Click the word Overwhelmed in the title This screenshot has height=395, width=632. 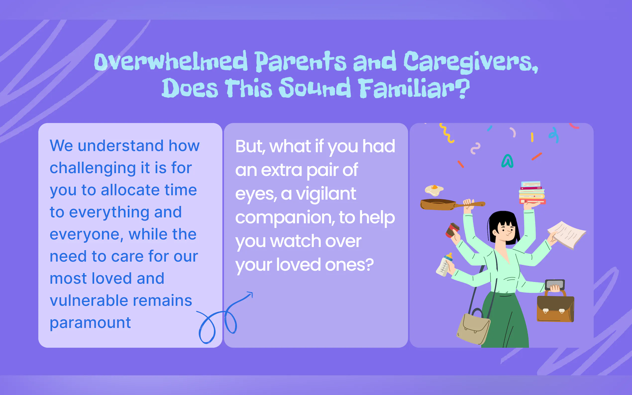pyautogui.click(x=171, y=61)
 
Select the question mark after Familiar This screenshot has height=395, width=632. pyautogui.click(x=464, y=88)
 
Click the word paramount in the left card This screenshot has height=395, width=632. pyautogui.click(x=90, y=323)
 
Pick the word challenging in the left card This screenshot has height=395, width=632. pyautogui.click(x=93, y=168)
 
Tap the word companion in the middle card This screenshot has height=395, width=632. pyautogui.click(x=285, y=218)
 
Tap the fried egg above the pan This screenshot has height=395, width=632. pyautogui.click(x=434, y=190)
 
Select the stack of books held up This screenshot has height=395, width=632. pyautogui.click(x=532, y=193)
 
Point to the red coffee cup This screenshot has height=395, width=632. pyautogui.click(x=452, y=230)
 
